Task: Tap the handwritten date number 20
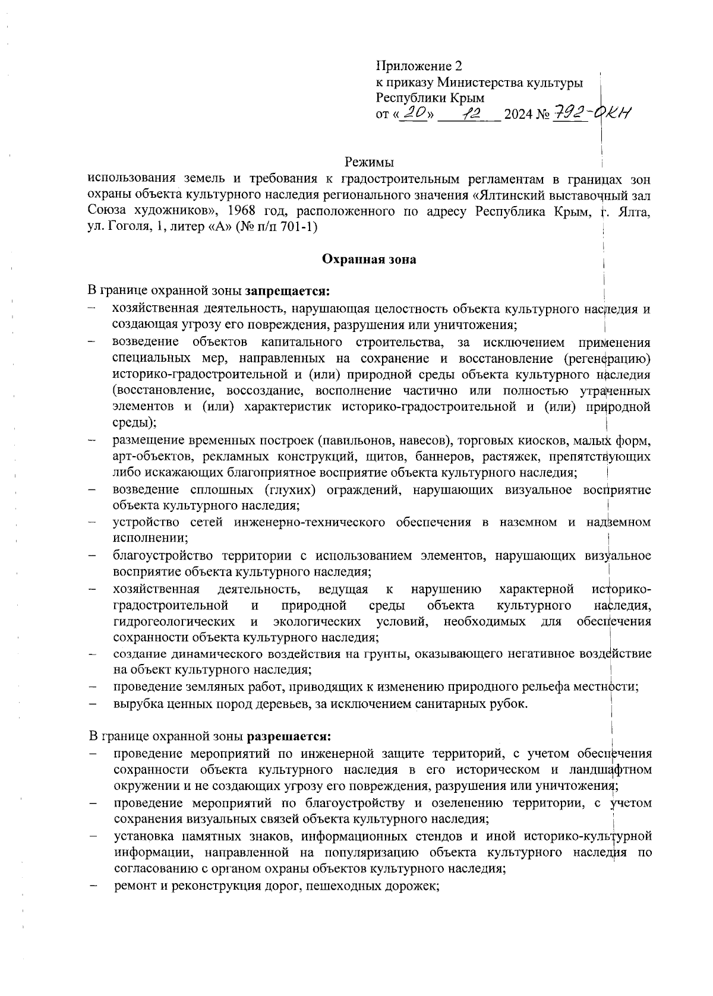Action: [414, 113]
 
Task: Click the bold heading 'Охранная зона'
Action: [369, 260]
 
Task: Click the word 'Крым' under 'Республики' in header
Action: [467, 98]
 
